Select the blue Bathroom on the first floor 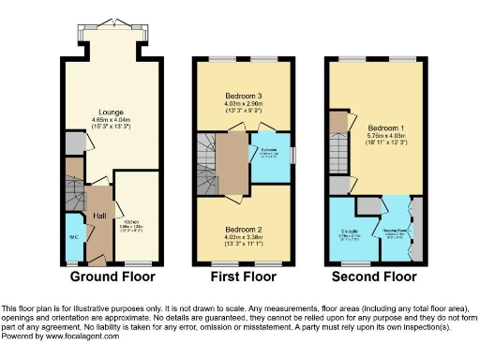pos(269,157)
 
